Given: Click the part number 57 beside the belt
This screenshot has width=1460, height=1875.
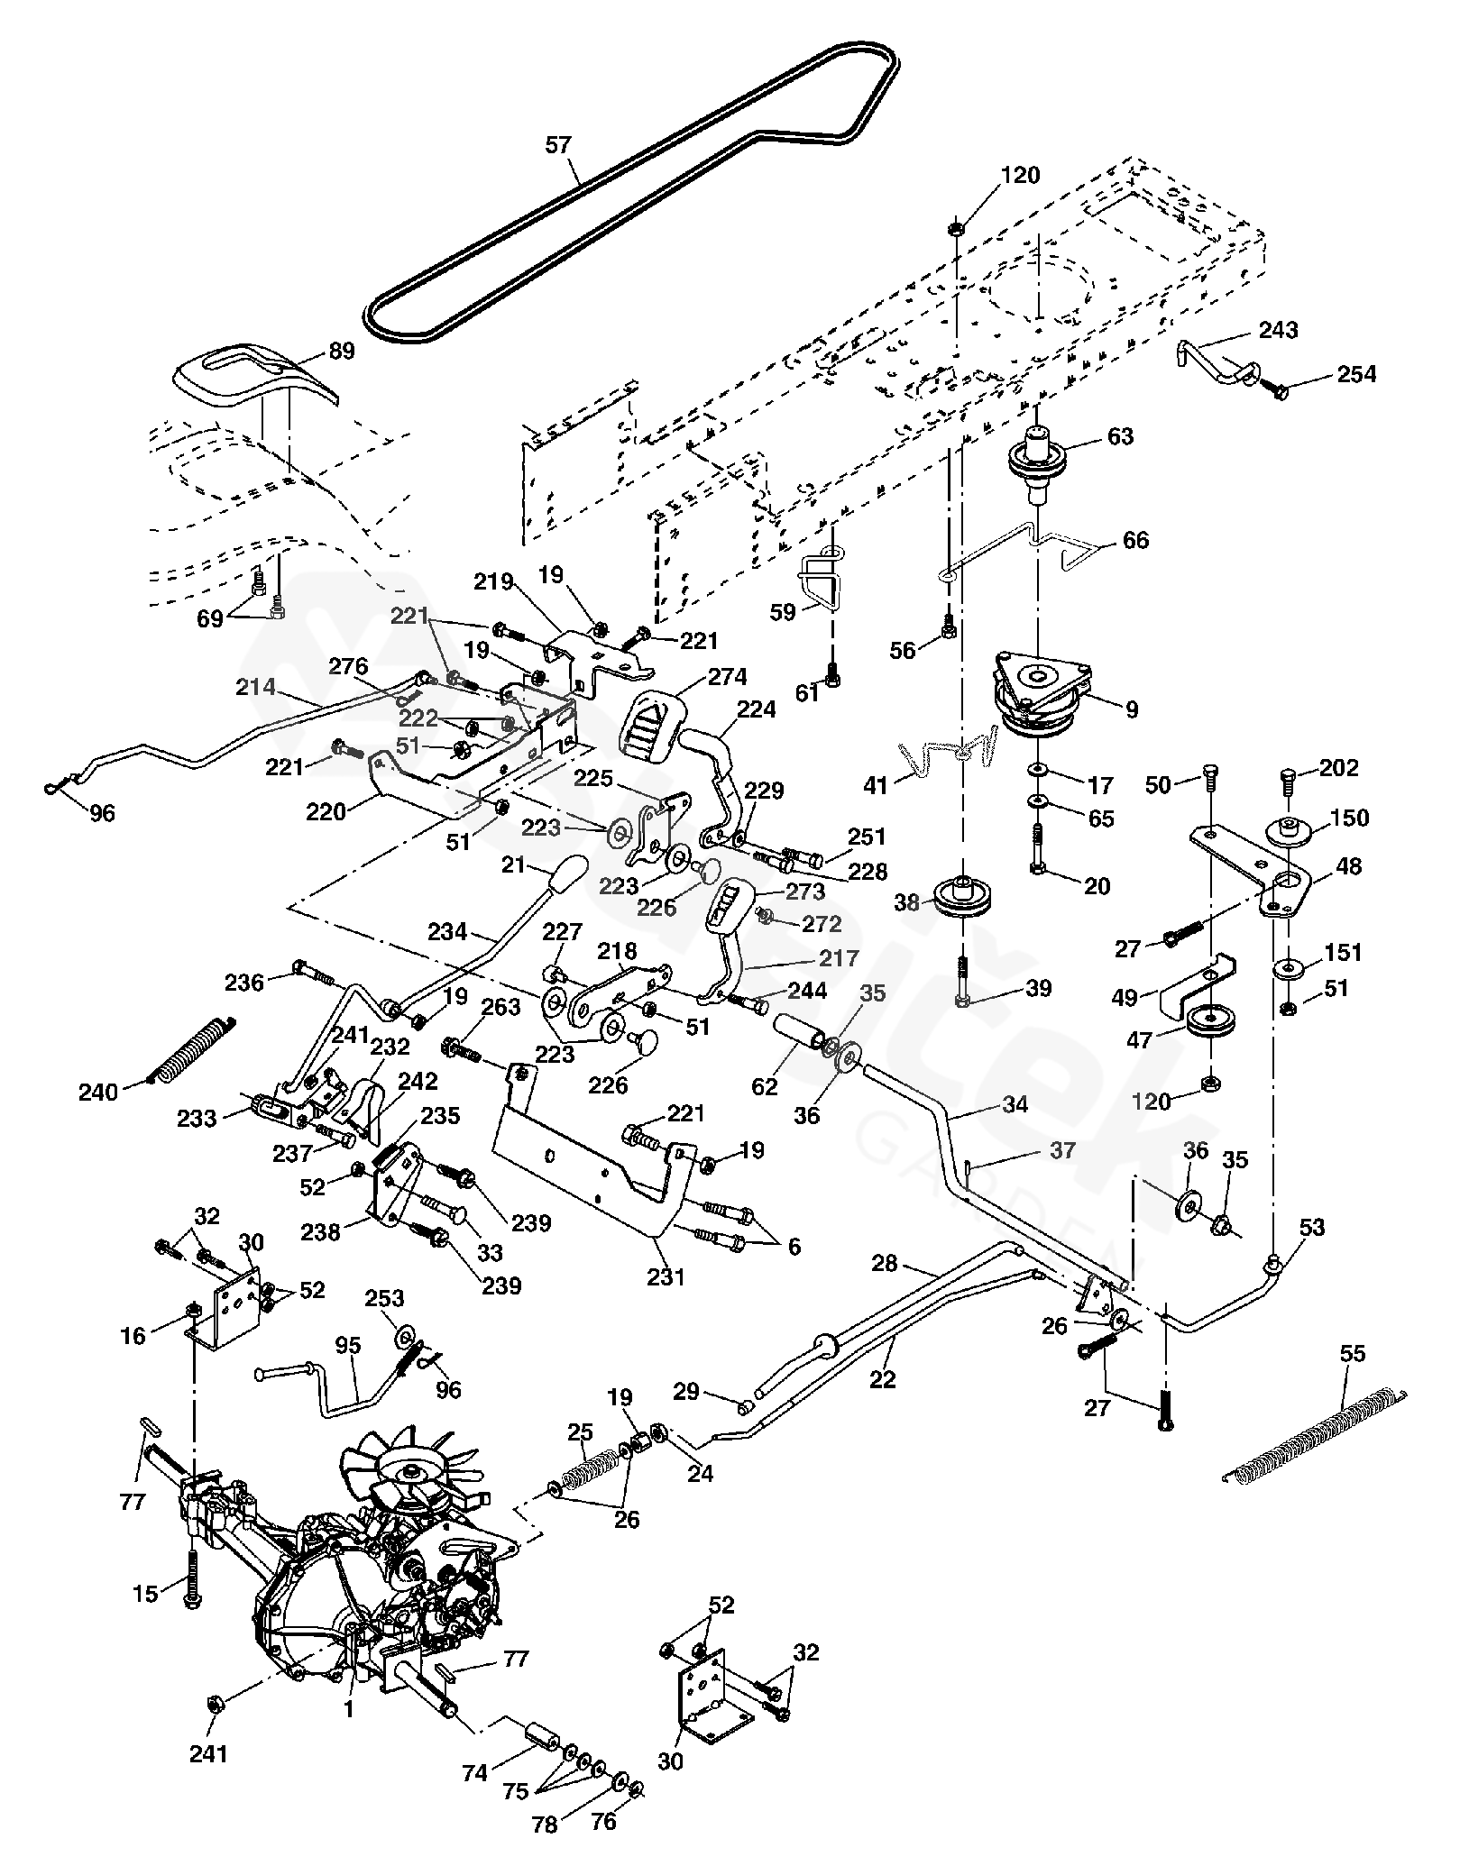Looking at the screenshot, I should (x=558, y=143).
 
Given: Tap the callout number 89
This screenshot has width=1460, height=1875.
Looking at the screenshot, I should (x=342, y=352).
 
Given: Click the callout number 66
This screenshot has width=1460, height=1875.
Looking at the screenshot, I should (x=1136, y=540).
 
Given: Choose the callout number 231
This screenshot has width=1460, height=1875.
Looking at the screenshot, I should (x=666, y=1276).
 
